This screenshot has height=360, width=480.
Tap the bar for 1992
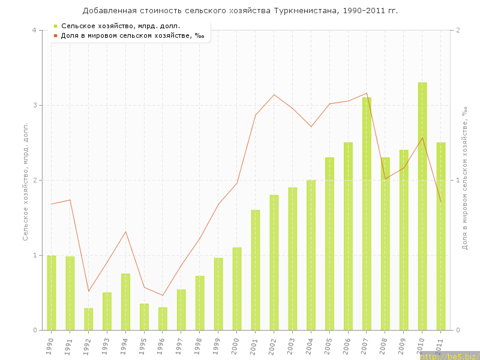coord(88,319)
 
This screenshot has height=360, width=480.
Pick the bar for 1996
coord(163,319)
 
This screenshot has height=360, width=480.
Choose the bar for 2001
coord(256,270)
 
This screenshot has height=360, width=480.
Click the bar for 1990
coord(52,293)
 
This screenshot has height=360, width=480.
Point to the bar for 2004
coord(311,255)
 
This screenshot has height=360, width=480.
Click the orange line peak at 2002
coord(274,95)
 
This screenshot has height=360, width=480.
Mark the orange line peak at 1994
coord(125,232)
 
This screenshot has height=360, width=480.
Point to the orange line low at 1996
coord(163,295)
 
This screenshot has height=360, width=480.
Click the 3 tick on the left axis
coord(34,105)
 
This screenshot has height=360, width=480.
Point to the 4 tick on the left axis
coord(34,30)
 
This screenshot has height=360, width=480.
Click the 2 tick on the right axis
coord(458,30)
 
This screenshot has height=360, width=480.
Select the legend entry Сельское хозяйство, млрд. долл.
coord(121,26)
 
